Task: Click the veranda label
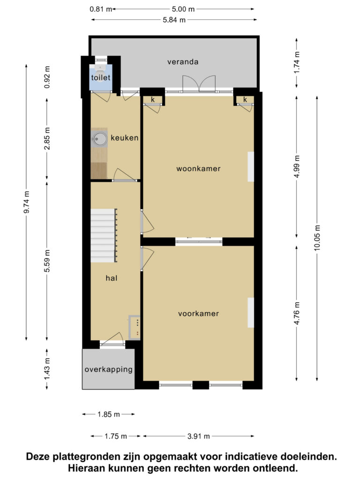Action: pos(183,62)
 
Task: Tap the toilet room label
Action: pos(101,77)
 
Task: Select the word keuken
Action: pos(125,138)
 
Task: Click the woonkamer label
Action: pos(198,169)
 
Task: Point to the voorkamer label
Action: pos(198,314)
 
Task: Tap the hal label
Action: pos(112,278)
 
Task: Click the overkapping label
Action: pos(109,369)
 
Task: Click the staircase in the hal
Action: pos(104,235)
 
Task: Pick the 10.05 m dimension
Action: pos(317,238)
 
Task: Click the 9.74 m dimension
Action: pos(27,202)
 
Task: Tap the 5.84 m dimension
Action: pos(174,20)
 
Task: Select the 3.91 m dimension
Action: pos(199,436)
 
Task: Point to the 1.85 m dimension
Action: pos(109,414)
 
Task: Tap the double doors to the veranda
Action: pos(199,84)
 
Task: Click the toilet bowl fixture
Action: pos(100,67)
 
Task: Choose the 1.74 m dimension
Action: pos(297,62)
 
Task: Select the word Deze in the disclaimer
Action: pos(38,457)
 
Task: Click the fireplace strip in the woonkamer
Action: pos(251,167)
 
